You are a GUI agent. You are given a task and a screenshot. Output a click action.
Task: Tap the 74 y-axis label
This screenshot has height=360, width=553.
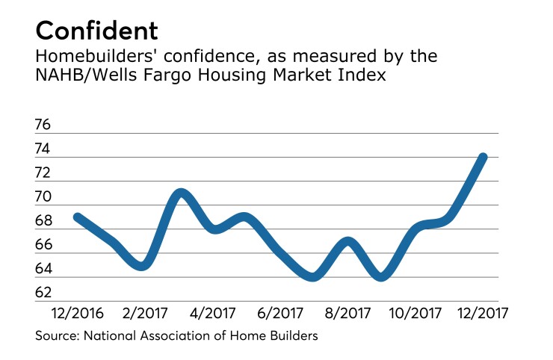tap(44, 149)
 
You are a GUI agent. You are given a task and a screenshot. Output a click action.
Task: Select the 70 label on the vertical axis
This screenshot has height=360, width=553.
tap(44, 197)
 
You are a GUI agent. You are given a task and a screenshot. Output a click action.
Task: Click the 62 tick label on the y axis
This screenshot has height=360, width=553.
tap(44, 293)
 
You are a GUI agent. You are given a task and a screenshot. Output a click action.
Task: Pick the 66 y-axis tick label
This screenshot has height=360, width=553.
tap(44, 245)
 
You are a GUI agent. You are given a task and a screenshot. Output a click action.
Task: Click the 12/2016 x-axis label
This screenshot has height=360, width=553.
tap(78, 311)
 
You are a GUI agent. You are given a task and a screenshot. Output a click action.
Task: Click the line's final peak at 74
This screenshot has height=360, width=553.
tap(483, 157)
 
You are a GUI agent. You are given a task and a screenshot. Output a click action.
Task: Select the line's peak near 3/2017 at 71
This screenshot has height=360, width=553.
tap(180, 193)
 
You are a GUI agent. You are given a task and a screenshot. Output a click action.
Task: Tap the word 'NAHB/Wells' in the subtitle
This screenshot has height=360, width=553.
tap(83, 76)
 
